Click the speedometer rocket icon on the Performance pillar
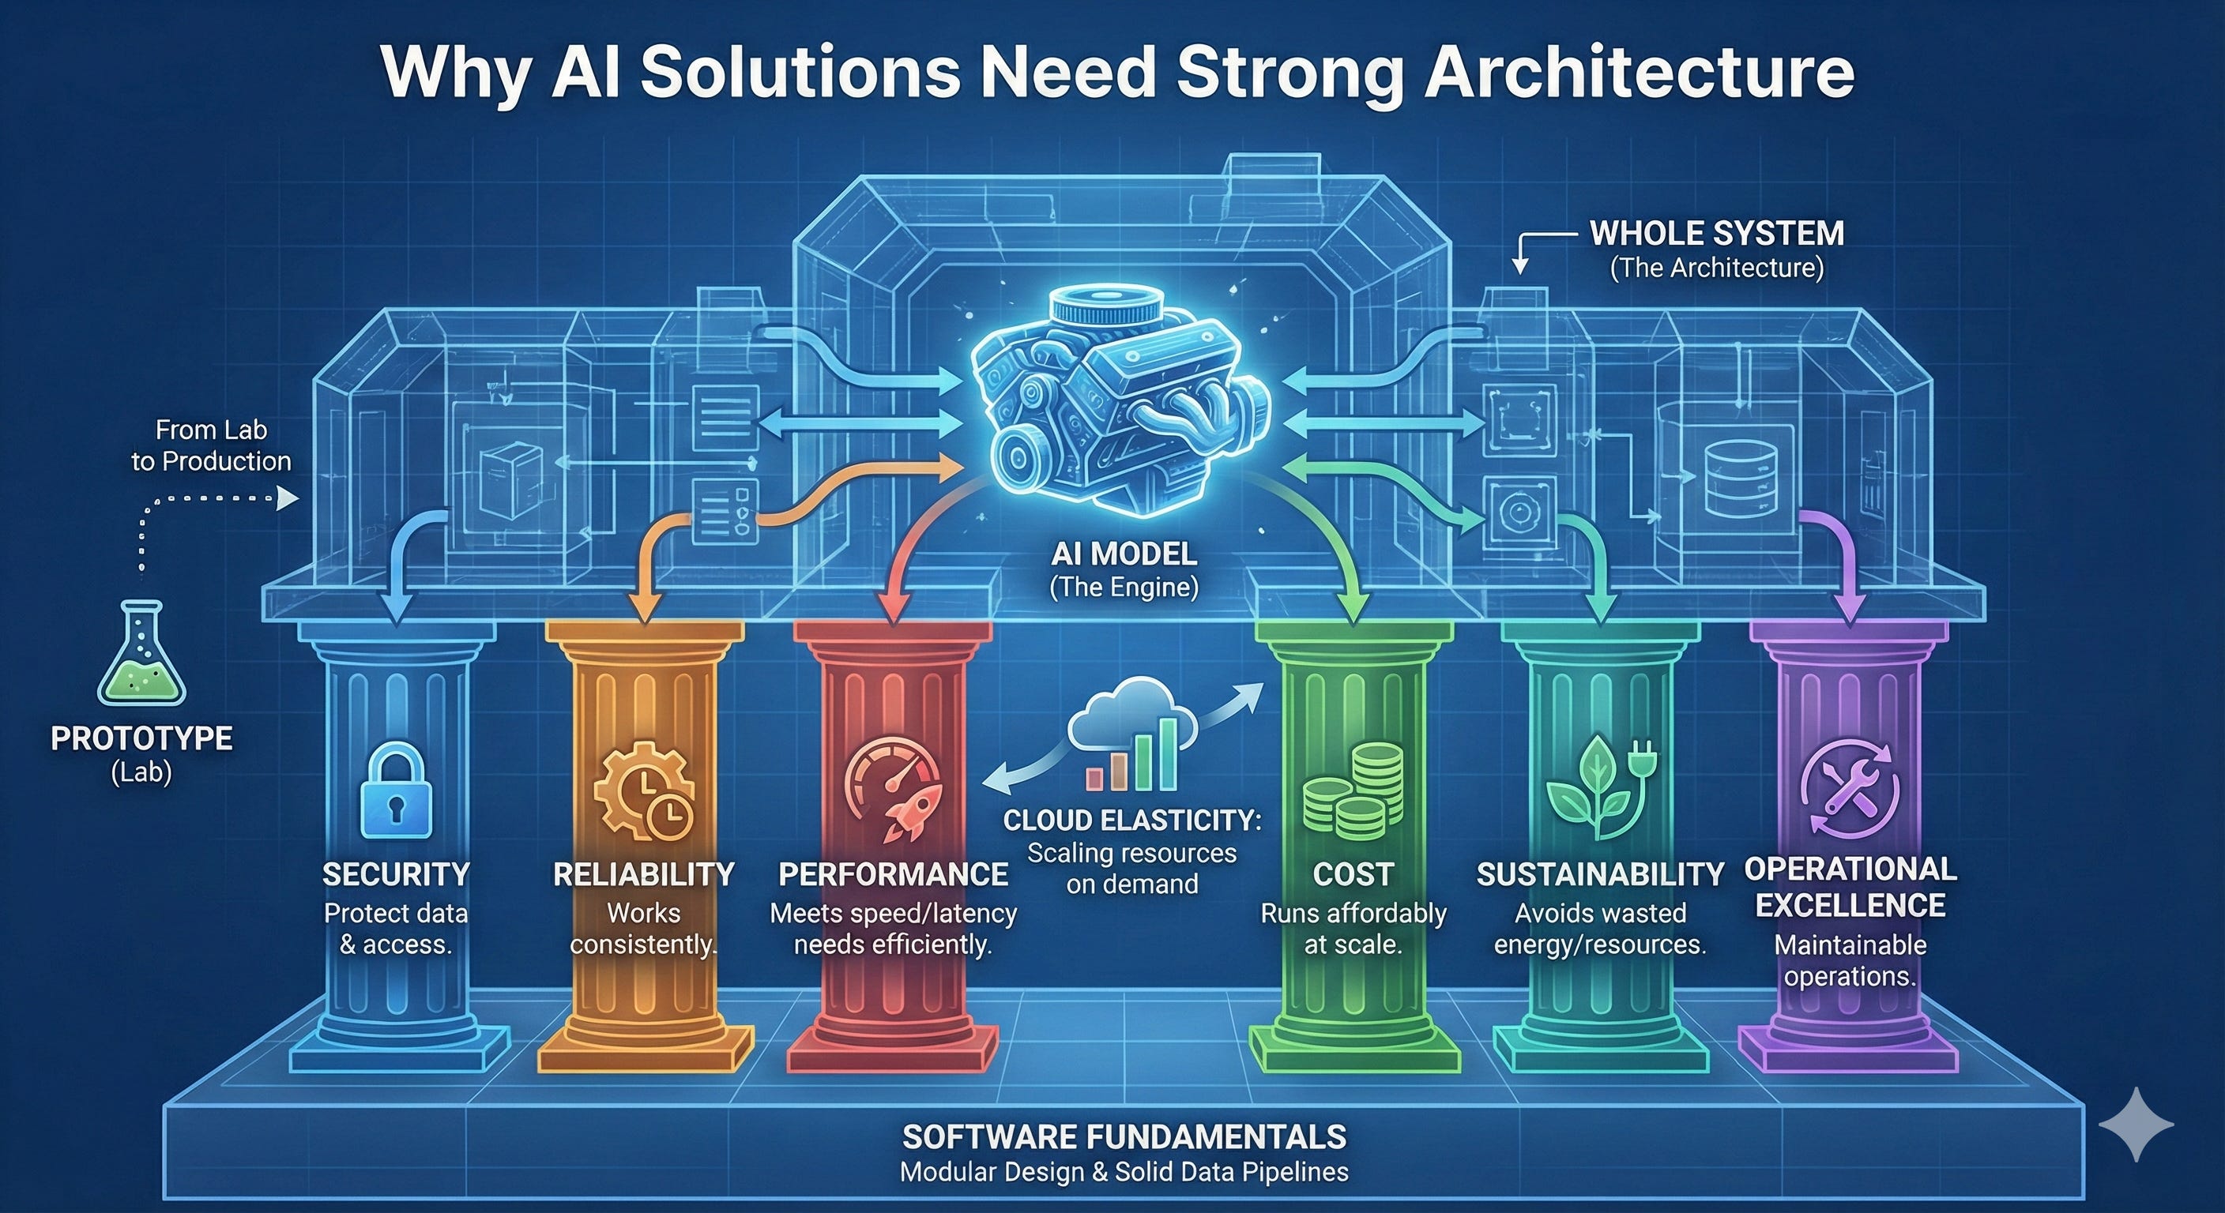coord(893,788)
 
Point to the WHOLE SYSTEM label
coord(1716,233)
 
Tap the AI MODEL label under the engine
coord(1124,554)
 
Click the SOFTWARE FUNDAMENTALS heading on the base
coord(1124,1136)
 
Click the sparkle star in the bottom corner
coord(2135,1123)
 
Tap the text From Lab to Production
coord(211,445)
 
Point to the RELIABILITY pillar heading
coord(643,874)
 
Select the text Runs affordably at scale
coord(1353,928)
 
